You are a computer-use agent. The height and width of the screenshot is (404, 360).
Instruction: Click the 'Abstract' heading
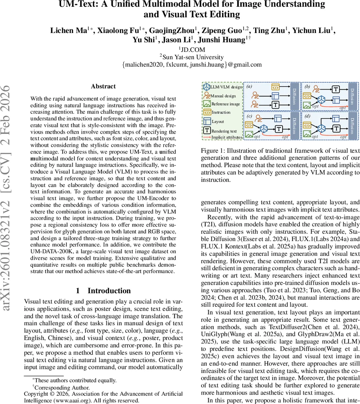pos(103,86)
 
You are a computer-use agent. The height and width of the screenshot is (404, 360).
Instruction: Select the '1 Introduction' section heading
pos(103,291)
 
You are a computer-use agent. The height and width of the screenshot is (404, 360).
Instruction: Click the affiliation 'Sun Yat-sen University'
pos(193,57)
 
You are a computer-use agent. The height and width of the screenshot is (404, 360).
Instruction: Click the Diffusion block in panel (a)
pos(294,96)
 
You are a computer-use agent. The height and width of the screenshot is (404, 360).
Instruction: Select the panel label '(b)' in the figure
pos(307,87)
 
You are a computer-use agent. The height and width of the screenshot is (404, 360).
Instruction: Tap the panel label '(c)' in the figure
pos(249,116)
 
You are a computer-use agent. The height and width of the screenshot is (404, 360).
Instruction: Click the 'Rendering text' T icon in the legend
pos(207,131)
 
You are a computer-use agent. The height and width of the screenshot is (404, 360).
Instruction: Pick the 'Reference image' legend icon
pos(207,104)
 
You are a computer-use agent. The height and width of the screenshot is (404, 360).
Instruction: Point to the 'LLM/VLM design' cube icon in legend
pos(206,87)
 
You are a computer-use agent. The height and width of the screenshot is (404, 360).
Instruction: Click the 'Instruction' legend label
pos(221,112)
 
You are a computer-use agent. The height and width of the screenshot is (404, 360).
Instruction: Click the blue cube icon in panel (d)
pos(322,128)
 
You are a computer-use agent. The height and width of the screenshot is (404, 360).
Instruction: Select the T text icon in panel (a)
pos(276,105)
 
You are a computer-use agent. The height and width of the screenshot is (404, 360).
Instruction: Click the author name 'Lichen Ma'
pos(69,31)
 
